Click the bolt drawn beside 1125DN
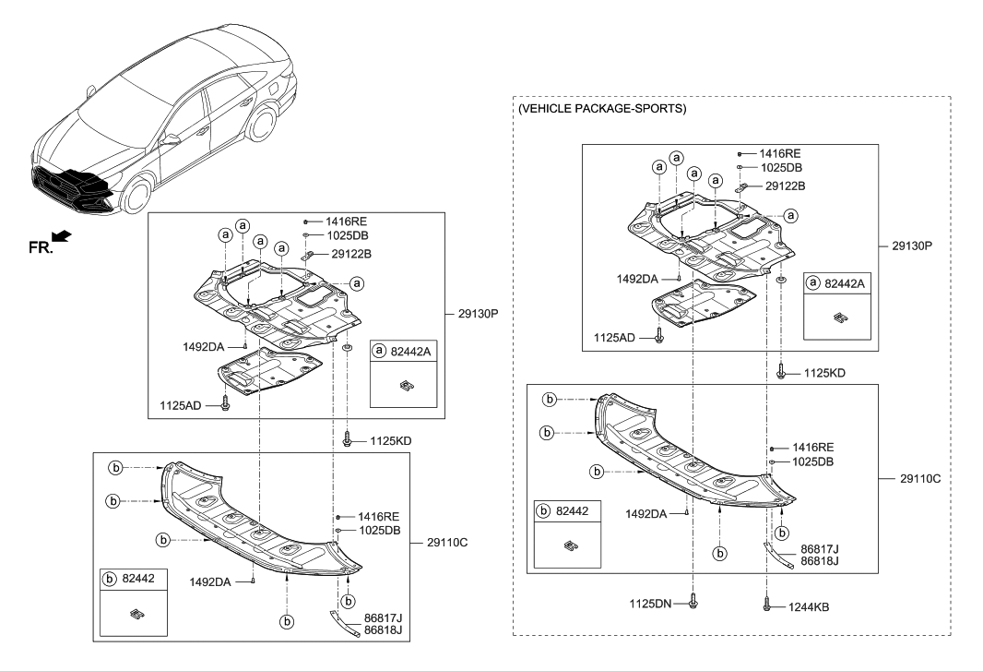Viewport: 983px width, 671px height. [694, 602]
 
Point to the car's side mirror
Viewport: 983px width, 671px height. [169, 140]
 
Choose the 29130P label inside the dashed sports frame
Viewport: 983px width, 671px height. [912, 247]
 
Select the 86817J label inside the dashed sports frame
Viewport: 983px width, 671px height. [820, 548]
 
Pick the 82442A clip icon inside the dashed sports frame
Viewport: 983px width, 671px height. [838, 318]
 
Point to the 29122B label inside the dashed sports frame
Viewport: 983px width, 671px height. [786, 186]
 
